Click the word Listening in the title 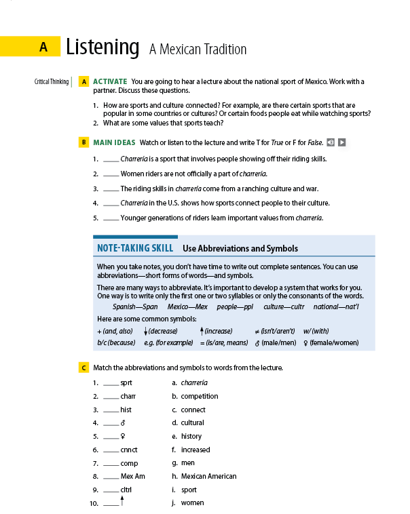(102, 47)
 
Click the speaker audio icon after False (330, 142)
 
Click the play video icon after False (342, 142)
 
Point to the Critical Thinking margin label (52, 82)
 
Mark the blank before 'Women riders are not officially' (111, 174)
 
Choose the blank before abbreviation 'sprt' (111, 383)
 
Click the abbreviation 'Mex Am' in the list (132, 476)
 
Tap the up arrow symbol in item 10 (122, 500)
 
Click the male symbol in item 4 (123, 423)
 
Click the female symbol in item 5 (123, 437)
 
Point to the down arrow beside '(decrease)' (146, 331)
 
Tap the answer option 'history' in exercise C (191, 436)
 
